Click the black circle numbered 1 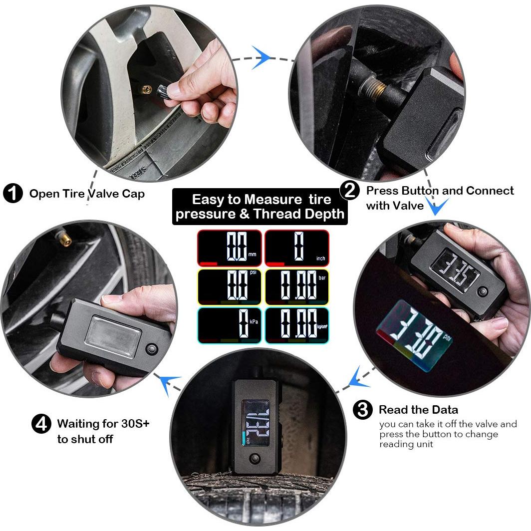[12, 193]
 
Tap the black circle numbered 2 [349, 191]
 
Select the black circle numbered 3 [363, 410]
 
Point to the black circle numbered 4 [41, 424]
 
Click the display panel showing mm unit [230, 248]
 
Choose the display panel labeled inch [297, 248]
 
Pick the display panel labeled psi [230, 287]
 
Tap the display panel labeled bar [297, 287]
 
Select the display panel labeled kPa [230, 326]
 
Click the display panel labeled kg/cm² [297, 326]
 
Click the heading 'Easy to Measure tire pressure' [261, 207]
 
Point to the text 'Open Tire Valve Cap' [87, 194]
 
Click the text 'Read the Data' [418, 410]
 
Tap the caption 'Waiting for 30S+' [103, 424]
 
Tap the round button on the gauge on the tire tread [257, 458]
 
